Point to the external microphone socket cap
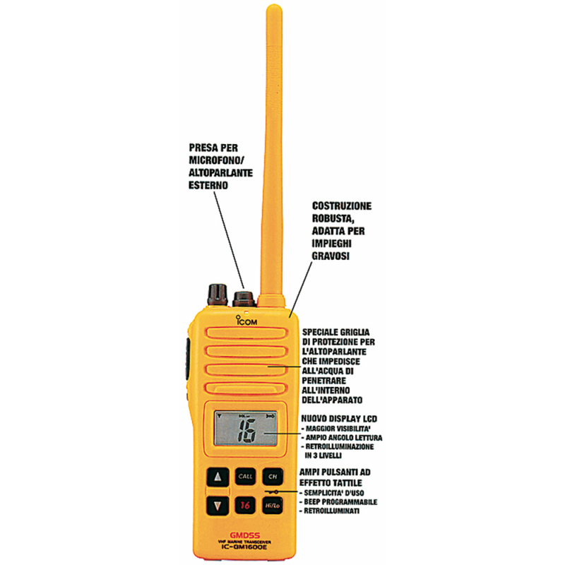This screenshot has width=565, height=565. coord(244,295)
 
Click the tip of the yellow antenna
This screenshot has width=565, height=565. coord(272,10)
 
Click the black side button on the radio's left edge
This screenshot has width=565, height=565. coord(189,353)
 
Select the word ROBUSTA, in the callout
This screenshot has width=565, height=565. coord(337,218)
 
